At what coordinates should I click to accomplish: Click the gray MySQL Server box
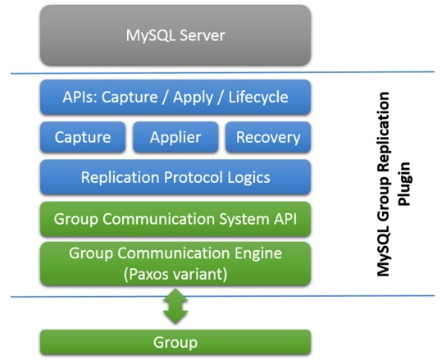coord(175,35)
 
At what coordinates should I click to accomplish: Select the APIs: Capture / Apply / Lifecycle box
coord(175,98)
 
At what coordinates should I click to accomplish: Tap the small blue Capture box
coord(82,137)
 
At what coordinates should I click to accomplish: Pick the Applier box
coord(175,137)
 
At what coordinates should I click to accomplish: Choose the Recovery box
coord(268,137)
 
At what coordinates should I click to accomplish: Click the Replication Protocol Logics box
coord(175,177)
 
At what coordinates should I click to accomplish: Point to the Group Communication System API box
coord(175,219)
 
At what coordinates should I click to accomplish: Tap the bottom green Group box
coord(175,341)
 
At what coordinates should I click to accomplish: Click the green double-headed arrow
coord(175,307)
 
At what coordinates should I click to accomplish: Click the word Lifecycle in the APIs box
coord(258,98)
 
